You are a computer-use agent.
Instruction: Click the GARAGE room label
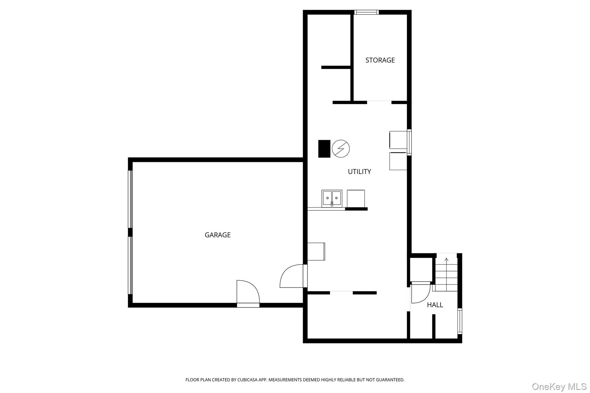[x=218, y=235]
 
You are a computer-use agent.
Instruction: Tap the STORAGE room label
[x=380, y=60]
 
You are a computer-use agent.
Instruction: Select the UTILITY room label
[x=359, y=172]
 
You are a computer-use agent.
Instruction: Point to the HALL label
[x=435, y=305]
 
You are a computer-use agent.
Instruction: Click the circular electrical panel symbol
[x=341, y=149]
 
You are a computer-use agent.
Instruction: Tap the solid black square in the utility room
[x=324, y=149]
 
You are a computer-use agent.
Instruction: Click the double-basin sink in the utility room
[x=332, y=198]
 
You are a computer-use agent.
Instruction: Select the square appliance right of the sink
[x=356, y=198]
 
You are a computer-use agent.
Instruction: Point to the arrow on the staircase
[x=447, y=260]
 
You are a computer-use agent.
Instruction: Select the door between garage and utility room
[x=292, y=276]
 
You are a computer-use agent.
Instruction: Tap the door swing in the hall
[x=420, y=293]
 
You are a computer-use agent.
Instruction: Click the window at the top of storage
[x=366, y=12]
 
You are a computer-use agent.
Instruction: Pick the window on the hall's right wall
[x=459, y=321]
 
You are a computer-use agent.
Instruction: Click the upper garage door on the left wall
[x=131, y=199]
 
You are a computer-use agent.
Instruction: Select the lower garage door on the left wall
[x=131, y=265]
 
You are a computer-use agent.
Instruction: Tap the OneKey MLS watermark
[x=559, y=386]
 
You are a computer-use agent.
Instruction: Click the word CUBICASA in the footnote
[x=247, y=380]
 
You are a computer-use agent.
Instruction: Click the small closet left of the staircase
[x=421, y=269]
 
